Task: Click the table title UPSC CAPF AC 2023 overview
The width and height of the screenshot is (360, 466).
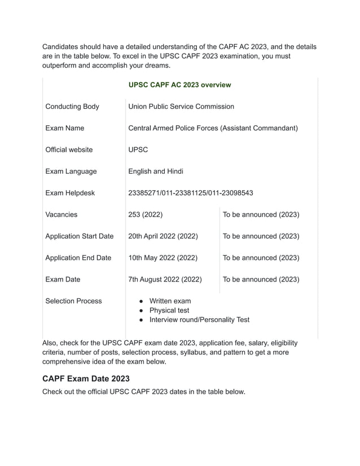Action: [179, 85]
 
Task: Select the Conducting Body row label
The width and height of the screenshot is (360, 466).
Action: [72, 107]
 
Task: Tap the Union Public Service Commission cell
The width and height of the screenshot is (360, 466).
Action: [181, 107]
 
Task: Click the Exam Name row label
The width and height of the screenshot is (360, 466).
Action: [65, 128]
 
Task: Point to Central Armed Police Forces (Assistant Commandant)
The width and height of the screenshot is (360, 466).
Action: [213, 128]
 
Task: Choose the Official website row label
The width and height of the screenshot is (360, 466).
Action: [69, 150]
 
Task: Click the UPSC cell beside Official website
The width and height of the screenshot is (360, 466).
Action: [138, 150]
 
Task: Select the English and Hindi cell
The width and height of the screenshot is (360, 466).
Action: [156, 172]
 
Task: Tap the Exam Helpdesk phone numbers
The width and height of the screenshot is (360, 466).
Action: [191, 193]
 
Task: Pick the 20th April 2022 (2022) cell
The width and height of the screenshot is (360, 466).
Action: [163, 236]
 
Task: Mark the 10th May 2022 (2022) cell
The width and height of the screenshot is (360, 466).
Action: [163, 258]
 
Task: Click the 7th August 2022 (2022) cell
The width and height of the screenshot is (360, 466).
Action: [165, 279]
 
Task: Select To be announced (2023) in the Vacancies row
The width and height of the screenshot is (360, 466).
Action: [261, 214]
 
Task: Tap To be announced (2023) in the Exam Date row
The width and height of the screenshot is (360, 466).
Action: [261, 279]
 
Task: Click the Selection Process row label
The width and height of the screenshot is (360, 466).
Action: [73, 301]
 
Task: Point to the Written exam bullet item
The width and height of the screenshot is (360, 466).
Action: [170, 301]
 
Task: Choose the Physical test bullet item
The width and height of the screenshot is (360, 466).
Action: [169, 310]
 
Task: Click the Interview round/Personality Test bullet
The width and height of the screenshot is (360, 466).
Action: [199, 320]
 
